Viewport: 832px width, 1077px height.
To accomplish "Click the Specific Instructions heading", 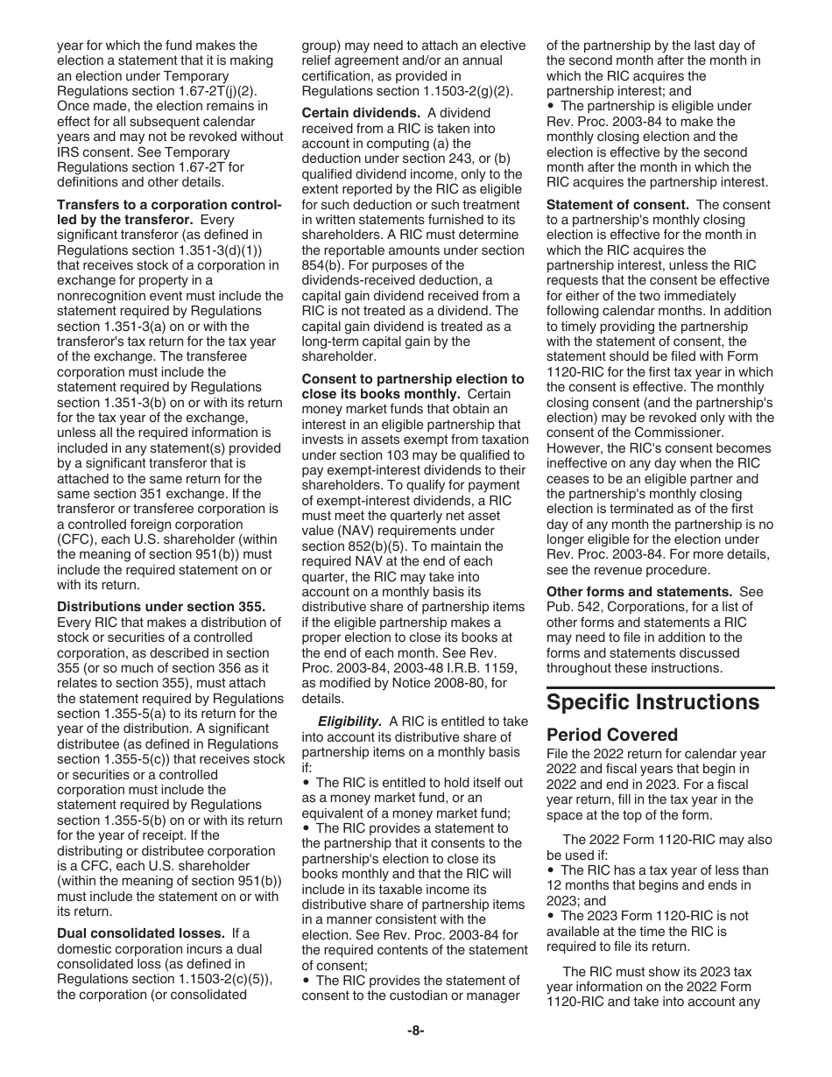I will click(x=652, y=702).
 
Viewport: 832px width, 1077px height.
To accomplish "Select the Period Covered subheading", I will click(x=612, y=735).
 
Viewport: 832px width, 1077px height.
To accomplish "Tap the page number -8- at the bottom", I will click(x=415, y=1031).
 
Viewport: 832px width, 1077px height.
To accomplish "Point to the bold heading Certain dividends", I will click(x=360, y=113).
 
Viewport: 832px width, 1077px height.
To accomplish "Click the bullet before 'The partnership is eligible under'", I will click(x=552, y=107).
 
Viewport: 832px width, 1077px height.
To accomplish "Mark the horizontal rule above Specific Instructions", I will click(x=660, y=688).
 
